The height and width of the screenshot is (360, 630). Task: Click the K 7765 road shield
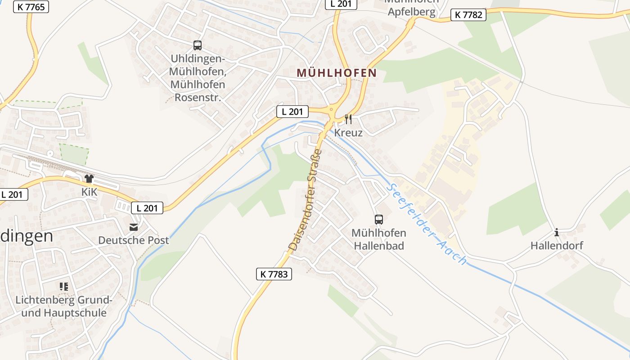click(31, 7)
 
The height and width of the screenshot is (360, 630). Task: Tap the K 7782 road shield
click(468, 15)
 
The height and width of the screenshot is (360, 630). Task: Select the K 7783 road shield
click(274, 274)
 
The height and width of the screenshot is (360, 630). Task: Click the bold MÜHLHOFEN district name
click(337, 73)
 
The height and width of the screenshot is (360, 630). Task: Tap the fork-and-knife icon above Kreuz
click(348, 119)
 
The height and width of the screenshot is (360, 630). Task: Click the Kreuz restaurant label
click(348, 133)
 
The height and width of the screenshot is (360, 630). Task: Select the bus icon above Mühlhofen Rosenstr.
click(198, 45)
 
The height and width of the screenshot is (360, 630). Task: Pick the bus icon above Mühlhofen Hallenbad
click(378, 220)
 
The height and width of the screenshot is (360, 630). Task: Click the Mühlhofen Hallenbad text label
click(378, 239)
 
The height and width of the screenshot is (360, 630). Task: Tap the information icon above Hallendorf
click(557, 233)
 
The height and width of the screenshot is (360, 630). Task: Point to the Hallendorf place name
click(557, 246)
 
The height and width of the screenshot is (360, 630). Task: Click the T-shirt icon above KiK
click(89, 179)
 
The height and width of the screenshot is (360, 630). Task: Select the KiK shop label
click(89, 192)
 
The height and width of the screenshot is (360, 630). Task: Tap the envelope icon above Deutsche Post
click(134, 227)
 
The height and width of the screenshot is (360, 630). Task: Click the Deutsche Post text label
click(134, 240)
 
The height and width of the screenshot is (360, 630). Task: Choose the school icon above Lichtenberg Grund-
click(63, 286)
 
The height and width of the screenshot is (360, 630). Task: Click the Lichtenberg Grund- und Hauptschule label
click(64, 306)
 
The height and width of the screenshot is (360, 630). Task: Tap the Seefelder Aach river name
click(427, 224)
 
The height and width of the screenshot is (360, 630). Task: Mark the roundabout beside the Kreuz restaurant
click(332, 109)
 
